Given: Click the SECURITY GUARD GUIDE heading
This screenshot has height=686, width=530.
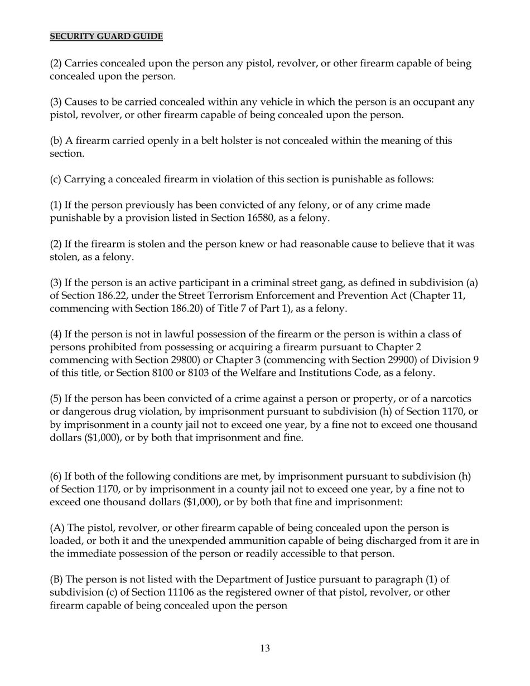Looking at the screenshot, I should click(x=106, y=36).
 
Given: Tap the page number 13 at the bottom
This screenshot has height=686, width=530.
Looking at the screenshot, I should click(x=265, y=648).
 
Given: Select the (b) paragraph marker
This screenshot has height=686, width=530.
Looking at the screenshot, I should click(x=56, y=141).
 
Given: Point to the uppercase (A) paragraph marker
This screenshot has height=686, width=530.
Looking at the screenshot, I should click(x=57, y=528).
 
